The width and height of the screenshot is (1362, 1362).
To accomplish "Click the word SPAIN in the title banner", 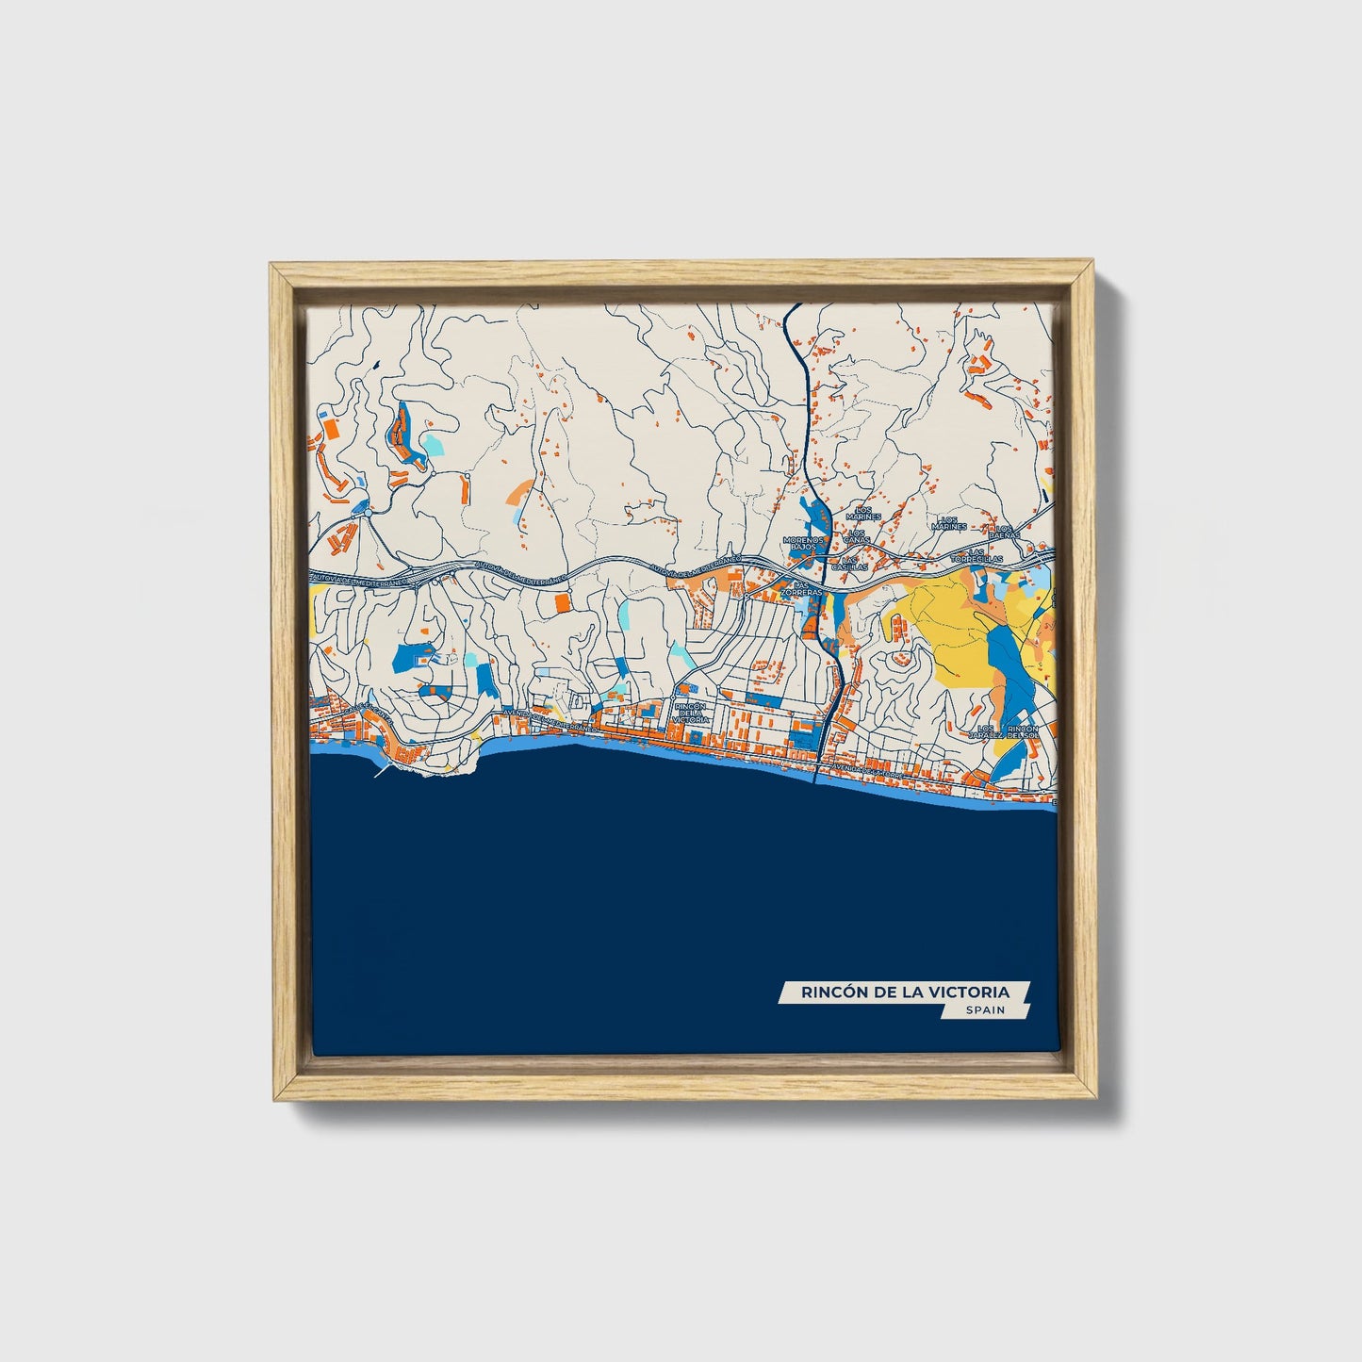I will (984, 1010).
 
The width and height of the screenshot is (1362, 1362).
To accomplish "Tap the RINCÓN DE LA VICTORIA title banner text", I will (905, 992).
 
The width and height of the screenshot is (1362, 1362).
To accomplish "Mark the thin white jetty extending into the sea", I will (384, 769).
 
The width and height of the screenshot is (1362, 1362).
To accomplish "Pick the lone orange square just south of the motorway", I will (562, 602).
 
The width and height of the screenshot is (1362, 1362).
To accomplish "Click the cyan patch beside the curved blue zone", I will (432, 442).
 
